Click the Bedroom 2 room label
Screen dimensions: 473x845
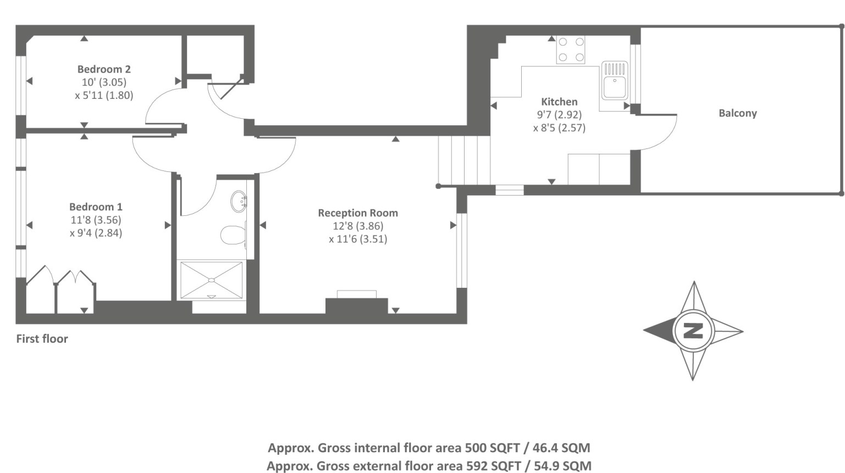click(104, 69)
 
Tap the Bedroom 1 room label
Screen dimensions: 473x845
click(96, 207)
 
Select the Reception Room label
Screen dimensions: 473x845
click(358, 213)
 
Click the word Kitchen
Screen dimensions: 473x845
click(559, 102)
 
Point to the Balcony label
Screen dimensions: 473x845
click(738, 113)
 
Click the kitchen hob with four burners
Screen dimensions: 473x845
click(571, 49)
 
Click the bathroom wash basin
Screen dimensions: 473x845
click(239, 202)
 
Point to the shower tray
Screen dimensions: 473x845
click(211, 280)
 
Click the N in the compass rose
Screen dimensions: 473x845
click(693, 331)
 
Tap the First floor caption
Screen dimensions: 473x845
click(42, 339)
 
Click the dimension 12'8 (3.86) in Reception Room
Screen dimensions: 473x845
click(358, 226)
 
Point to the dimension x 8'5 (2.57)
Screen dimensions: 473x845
click(559, 128)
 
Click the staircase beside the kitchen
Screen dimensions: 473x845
click(465, 160)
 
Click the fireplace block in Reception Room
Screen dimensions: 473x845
click(356, 305)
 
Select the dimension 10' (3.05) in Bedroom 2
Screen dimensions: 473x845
click(104, 82)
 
